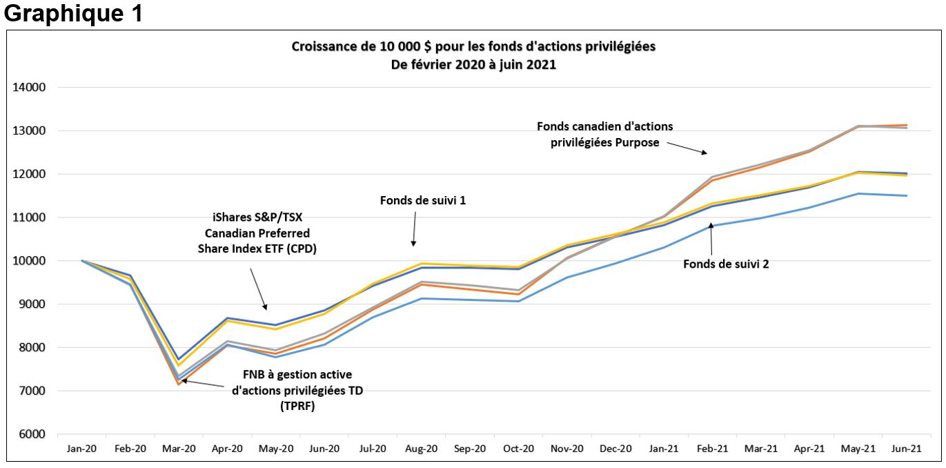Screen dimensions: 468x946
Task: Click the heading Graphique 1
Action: tap(74, 14)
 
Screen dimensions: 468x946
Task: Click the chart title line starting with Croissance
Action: tap(473, 47)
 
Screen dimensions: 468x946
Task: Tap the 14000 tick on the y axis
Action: tap(28, 88)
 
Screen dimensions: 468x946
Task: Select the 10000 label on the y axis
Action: tap(28, 261)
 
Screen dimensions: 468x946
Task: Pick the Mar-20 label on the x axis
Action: tap(179, 449)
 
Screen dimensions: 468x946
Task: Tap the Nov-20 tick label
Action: tap(566, 449)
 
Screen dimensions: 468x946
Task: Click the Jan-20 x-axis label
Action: tap(82, 449)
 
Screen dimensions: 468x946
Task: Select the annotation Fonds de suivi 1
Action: tap(423, 200)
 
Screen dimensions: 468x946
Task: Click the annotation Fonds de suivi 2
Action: tap(726, 264)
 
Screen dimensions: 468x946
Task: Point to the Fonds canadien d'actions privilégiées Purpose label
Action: tap(604, 134)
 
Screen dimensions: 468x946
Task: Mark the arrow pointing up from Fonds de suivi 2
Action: tap(710, 239)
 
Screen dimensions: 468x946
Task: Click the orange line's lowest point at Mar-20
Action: tap(179, 383)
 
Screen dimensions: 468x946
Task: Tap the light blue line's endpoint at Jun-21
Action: tap(906, 195)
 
